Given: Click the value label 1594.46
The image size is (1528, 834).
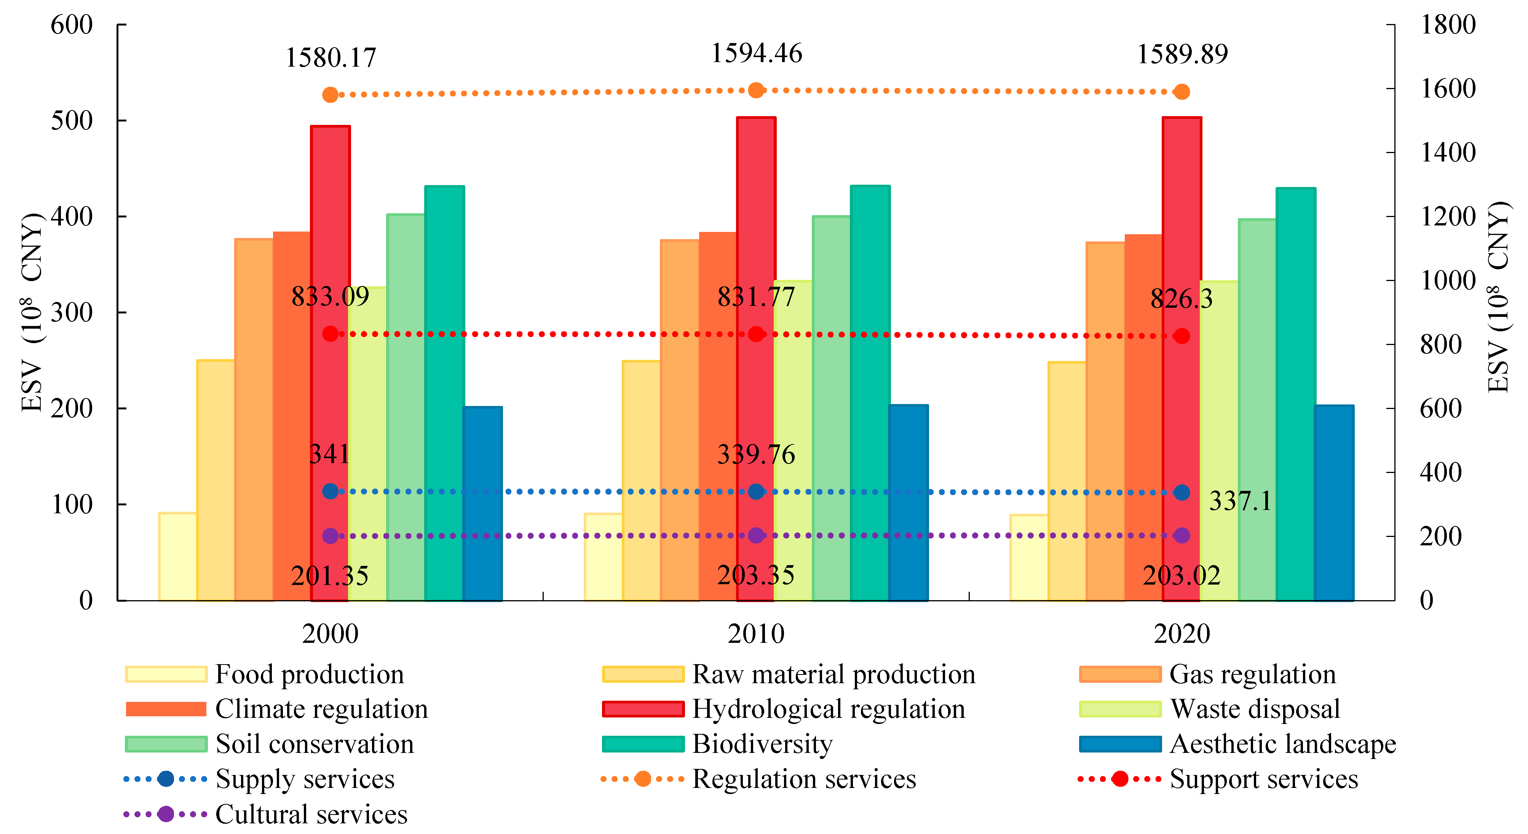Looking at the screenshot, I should coord(756,53).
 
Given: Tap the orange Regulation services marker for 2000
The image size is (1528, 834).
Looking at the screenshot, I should coord(331,95).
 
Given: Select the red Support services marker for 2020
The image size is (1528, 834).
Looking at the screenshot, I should coord(1182,336).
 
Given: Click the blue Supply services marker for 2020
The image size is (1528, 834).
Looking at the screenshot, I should coord(1182,492).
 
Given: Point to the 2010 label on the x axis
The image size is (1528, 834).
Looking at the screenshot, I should coord(756,634).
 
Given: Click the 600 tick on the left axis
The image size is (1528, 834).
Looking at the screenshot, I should coord(72,25).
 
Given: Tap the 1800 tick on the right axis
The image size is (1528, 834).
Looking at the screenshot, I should coord(1447,25).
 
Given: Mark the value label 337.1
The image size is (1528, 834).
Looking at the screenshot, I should coord(1240,501).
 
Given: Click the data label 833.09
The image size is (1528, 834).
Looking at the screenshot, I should coord(331,296).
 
